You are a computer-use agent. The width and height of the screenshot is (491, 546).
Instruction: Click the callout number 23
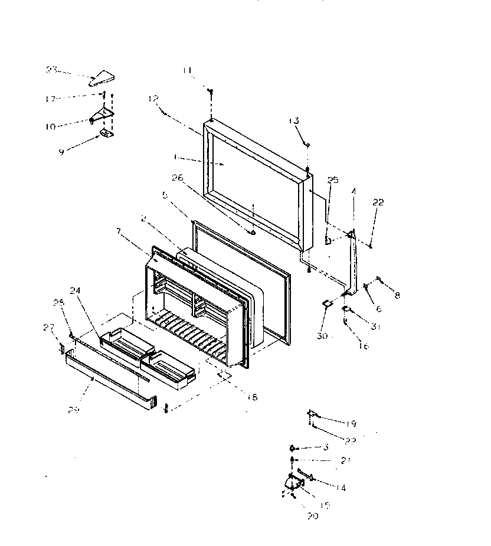coord(51,70)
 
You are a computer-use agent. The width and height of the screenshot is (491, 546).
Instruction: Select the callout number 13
coord(293,120)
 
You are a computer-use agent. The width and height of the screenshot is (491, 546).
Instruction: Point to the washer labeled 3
coord(293,448)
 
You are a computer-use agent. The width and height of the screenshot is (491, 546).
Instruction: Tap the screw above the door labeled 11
coord(210,91)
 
